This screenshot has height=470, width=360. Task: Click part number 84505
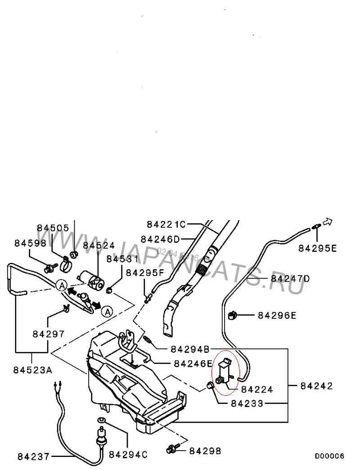pyautogui.click(x=53, y=228)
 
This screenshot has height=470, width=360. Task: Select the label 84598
pyautogui.click(x=30, y=243)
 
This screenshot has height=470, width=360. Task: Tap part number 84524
pyautogui.click(x=99, y=245)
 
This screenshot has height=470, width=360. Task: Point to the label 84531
pyautogui.click(x=122, y=259)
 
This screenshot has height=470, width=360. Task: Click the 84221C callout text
pyautogui.click(x=166, y=224)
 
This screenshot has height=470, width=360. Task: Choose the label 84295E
pyautogui.click(x=318, y=248)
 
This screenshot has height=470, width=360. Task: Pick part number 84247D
pyautogui.click(x=290, y=279)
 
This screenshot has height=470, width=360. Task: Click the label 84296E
pyautogui.click(x=277, y=315)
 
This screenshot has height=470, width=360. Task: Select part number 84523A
pyautogui.click(x=32, y=370)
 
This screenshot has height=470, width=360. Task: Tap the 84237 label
pyautogui.click(x=33, y=456)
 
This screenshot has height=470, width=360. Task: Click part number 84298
pyautogui.click(x=205, y=450)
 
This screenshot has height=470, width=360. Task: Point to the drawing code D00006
pyautogui.click(x=329, y=456)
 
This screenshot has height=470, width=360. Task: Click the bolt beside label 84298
pyautogui.click(x=172, y=449)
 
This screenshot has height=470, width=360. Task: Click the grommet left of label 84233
pyautogui.click(x=210, y=385)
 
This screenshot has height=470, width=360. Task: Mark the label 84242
pyautogui.click(x=317, y=386)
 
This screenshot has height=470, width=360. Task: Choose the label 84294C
pyautogui.click(x=128, y=455)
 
